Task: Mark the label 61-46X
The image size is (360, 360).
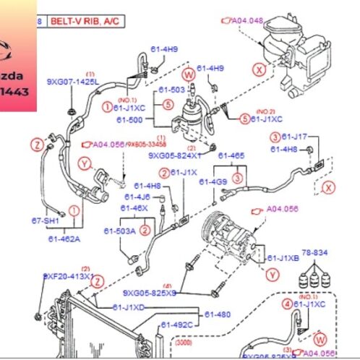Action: tap(134, 207)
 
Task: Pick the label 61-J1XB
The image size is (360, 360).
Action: tap(283, 257)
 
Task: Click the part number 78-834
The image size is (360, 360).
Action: tap(314, 254)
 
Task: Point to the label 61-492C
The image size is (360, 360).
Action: tap(177, 325)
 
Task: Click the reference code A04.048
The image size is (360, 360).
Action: tap(248, 21)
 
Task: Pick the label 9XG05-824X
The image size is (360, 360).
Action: tap(175, 154)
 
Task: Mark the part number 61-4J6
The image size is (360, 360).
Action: tap(137, 197)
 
